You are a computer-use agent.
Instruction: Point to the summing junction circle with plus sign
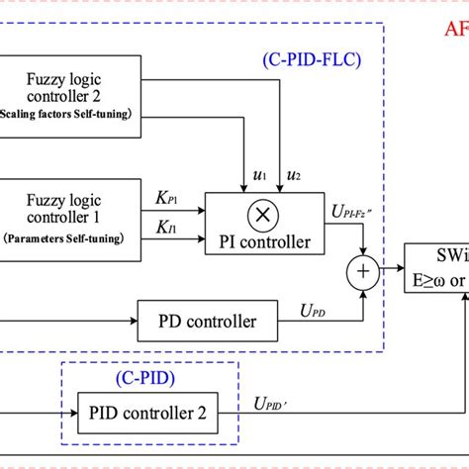(x=379, y=267)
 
